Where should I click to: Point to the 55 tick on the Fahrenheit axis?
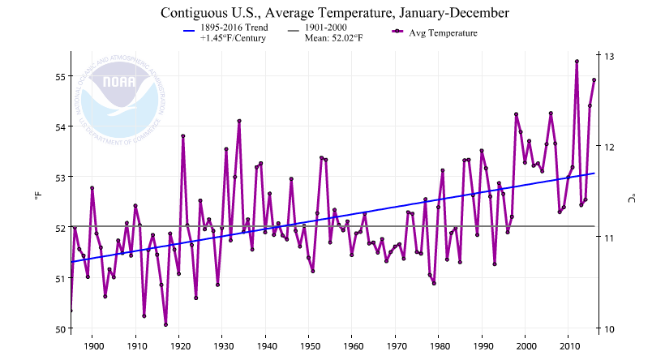[x=58, y=76]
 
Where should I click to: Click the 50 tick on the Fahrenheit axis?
[x=58, y=328]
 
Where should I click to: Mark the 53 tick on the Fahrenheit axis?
[x=58, y=177]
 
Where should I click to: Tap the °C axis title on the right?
[x=633, y=197]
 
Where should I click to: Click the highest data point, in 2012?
[x=577, y=61]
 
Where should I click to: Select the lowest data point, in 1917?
[x=165, y=324]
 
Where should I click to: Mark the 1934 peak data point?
[x=239, y=121]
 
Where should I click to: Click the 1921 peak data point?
[x=183, y=135]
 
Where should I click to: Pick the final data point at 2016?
[x=594, y=79]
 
